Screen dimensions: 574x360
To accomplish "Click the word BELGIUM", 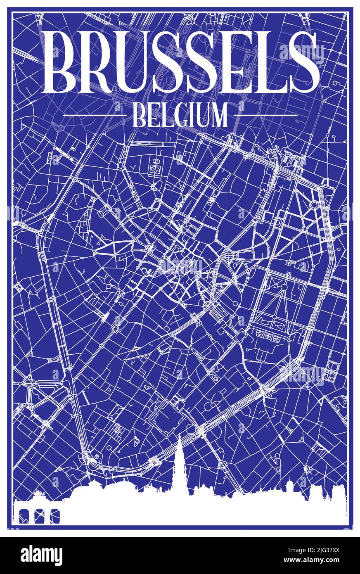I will coord(180,116).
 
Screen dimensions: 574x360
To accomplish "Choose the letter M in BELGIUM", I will coord(218,116).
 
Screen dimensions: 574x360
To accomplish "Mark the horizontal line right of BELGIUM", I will coord(268,115).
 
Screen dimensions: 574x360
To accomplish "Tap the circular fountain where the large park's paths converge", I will coord(284,287).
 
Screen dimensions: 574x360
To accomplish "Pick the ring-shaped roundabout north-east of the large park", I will coord(314,204).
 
